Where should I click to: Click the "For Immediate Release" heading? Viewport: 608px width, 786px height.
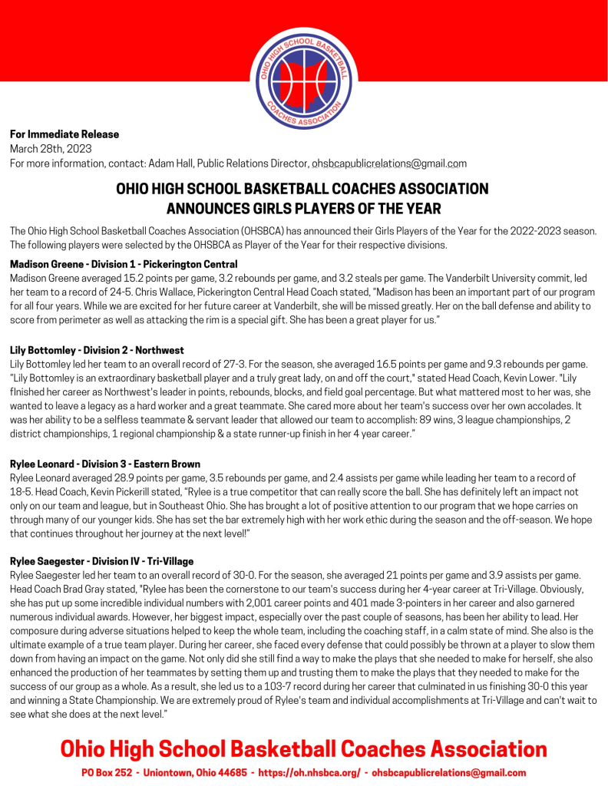pyautogui.click(x=64, y=134)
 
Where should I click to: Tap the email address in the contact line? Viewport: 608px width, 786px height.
pyautogui.click(x=388, y=163)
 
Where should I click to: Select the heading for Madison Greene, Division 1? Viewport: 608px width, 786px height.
pyautogui.click(x=124, y=264)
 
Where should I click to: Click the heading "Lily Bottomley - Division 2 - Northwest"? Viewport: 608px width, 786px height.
pyautogui.click(x=97, y=350)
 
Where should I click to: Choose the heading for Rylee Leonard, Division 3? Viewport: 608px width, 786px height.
pyautogui.click(x=105, y=464)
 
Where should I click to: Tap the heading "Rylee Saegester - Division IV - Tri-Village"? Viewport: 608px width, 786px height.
pyautogui.click(x=101, y=561)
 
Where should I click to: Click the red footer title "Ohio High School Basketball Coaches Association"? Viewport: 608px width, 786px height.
pyautogui.click(x=303, y=748)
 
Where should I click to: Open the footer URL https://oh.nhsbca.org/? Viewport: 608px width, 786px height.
pyautogui.click(x=311, y=773)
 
